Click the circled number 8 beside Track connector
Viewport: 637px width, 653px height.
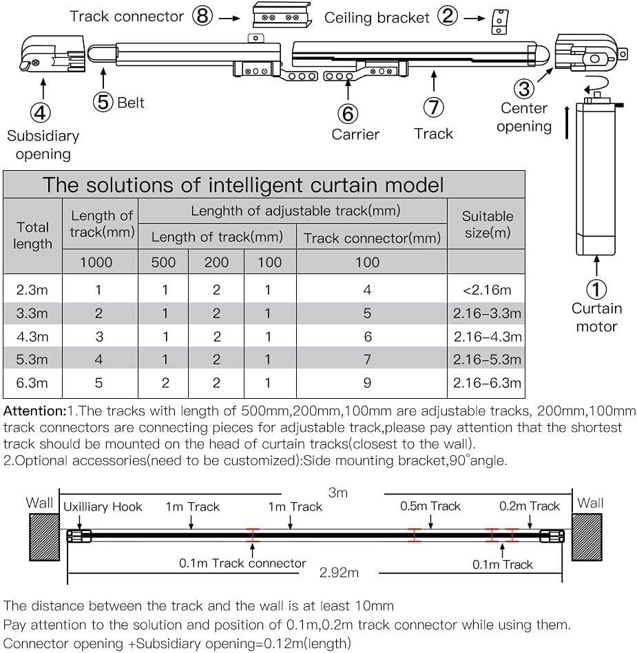point(202,16)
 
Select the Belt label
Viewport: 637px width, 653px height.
point(131,103)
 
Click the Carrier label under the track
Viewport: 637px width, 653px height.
point(355,134)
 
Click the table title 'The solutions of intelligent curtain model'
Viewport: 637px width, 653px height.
point(244,185)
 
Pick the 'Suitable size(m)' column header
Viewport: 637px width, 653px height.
point(487,224)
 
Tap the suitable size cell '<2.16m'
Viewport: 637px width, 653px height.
point(487,290)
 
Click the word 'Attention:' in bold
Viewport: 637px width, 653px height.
point(34,411)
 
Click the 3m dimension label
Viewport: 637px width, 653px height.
point(337,493)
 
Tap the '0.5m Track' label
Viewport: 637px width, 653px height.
point(430,506)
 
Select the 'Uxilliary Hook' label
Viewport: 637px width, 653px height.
point(103,507)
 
